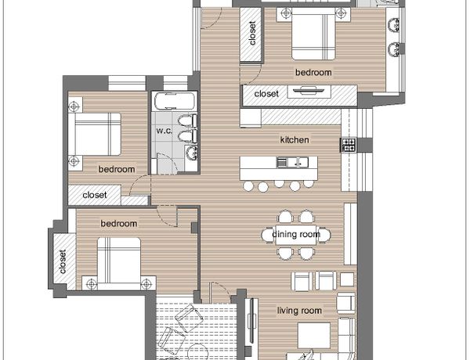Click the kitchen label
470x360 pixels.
click(x=295, y=139)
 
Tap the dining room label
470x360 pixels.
click(x=296, y=234)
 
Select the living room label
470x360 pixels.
click(x=299, y=311)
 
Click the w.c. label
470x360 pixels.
click(x=164, y=131)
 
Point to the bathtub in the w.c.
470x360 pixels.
click(x=175, y=101)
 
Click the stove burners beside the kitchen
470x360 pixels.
click(x=349, y=145)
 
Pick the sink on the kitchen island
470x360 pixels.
click(x=292, y=162)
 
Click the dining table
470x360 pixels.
click(x=295, y=235)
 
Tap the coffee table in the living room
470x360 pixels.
click(x=314, y=334)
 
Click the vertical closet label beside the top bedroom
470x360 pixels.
click(x=252, y=33)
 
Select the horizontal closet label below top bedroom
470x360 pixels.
click(x=266, y=94)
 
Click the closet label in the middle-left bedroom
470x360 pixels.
click(x=95, y=195)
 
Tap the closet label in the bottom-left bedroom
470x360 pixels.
click(x=63, y=261)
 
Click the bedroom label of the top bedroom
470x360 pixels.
click(x=313, y=72)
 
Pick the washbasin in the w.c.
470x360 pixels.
click(x=191, y=153)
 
